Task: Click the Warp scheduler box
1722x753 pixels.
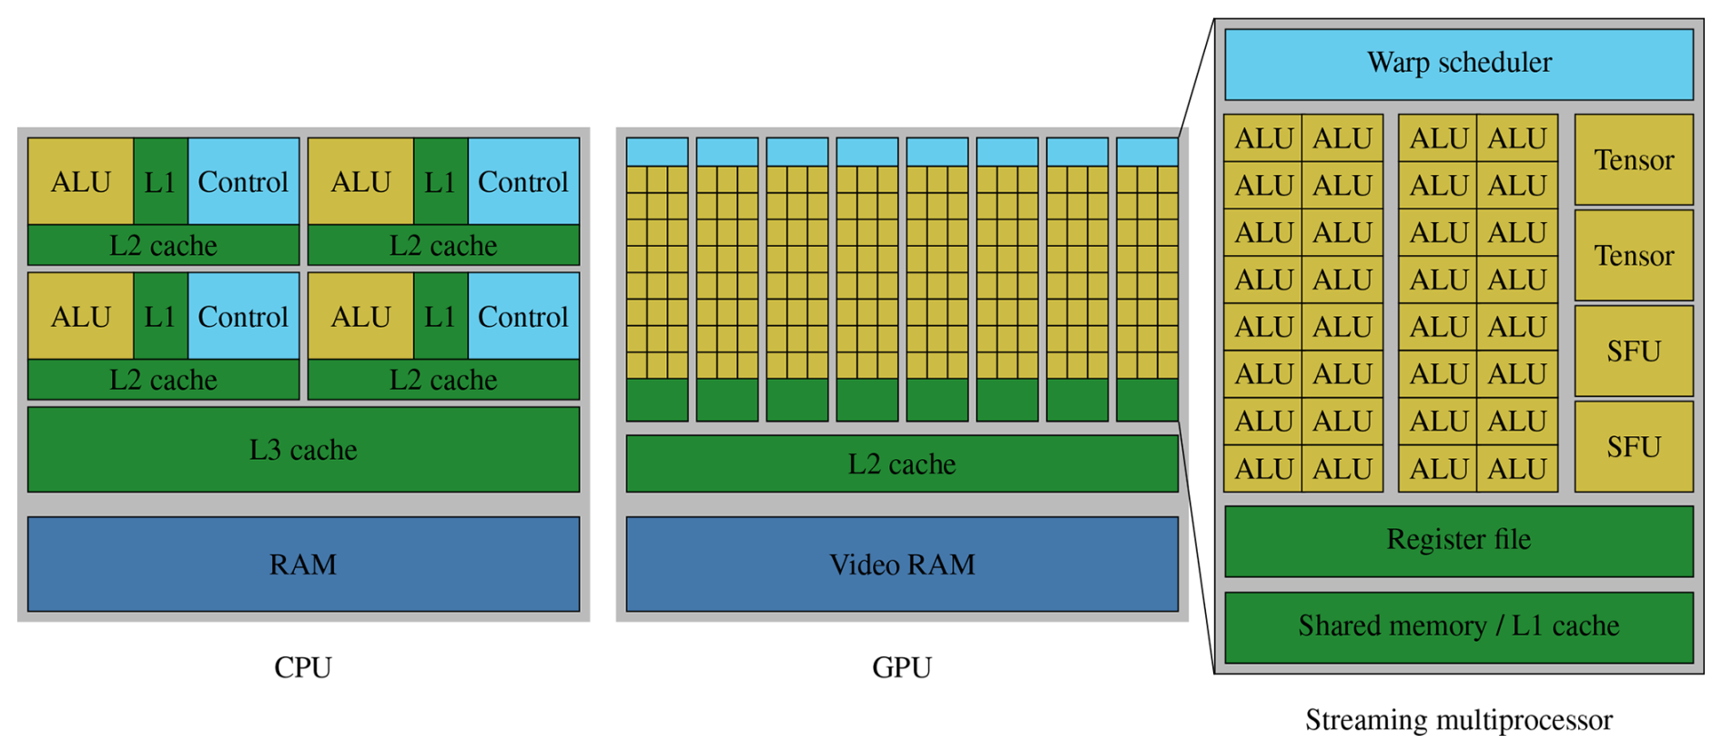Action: click(x=1458, y=64)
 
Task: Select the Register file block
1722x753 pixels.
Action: click(x=1458, y=540)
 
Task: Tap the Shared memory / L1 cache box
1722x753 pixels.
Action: click(x=1458, y=626)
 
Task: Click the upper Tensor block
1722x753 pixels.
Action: click(x=1633, y=159)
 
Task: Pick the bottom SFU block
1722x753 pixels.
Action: click(x=1633, y=446)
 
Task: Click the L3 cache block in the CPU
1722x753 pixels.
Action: click(x=303, y=449)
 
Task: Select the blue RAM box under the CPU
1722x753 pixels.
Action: click(x=303, y=564)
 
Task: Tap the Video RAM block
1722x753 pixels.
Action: click(x=901, y=564)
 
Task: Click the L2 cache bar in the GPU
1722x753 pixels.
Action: click(x=901, y=463)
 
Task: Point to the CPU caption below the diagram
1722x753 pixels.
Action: click(x=303, y=667)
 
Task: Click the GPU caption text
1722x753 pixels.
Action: click(x=901, y=667)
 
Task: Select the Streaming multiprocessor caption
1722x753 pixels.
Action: click(x=1458, y=719)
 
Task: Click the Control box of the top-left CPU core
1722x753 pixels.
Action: click(x=243, y=181)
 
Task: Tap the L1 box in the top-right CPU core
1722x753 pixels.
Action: click(x=441, y=181)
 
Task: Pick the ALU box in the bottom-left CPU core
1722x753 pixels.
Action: click(x=81, y=316)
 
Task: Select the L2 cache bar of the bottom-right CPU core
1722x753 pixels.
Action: click(x=443, y=379)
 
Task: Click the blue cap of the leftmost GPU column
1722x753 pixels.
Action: click(x=656, y=151)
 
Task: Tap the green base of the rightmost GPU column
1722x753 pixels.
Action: click(x=1147, y=399)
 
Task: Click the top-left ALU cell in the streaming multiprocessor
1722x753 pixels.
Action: click(x=1263, y=138)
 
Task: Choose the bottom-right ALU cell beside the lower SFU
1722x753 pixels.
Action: click(x=1517, y=468)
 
